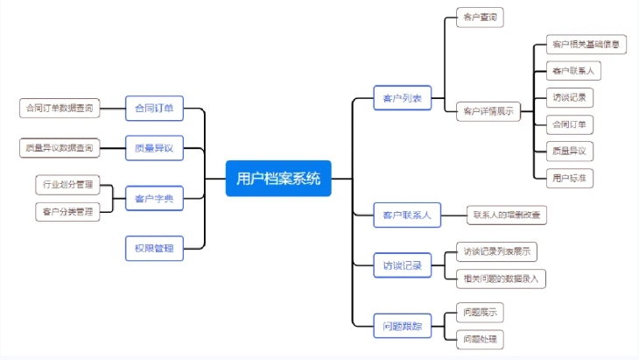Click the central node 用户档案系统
click(x=278, y=179)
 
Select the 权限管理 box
click(x=154, y=249)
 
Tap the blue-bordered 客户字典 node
click(x=154, y=200)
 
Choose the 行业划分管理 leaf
click(x=66, y=185)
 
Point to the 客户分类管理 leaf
click(x=66, y=211)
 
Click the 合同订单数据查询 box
click(x=59, y=109)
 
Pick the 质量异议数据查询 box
click(x=59, y=148)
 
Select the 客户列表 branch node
click(x=403, y=98)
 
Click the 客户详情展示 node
click(x=488, y=111)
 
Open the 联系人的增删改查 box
click(x=507, y=214)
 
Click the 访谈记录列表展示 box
click(x=496, y=252)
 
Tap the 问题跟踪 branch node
click(x=403, y=326)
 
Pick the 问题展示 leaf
click(x=481, y=313)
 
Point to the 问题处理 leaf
click(x=481, y=338)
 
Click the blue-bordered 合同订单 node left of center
click(x=154, y=109)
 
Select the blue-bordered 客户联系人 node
click(x=406, y=214)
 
